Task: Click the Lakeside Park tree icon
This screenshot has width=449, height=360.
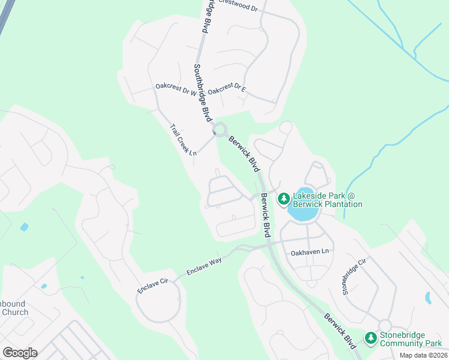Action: click(x=283, y=198)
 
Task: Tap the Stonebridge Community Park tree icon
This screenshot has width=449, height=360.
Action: click(x=371, y=338)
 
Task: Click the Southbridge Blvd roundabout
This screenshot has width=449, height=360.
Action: click(x=220, y=129)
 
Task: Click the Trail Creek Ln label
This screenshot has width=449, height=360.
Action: click(x=183, y=140)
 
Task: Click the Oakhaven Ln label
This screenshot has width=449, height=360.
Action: click(x=310, y=252)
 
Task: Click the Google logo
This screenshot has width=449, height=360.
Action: click(x=20, y=353)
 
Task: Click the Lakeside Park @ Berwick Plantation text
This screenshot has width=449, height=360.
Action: click(x=328, y=200)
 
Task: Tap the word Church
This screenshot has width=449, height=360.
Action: click(x=15, y=312)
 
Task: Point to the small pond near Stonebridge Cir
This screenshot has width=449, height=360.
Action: click(x=427, y=298)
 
